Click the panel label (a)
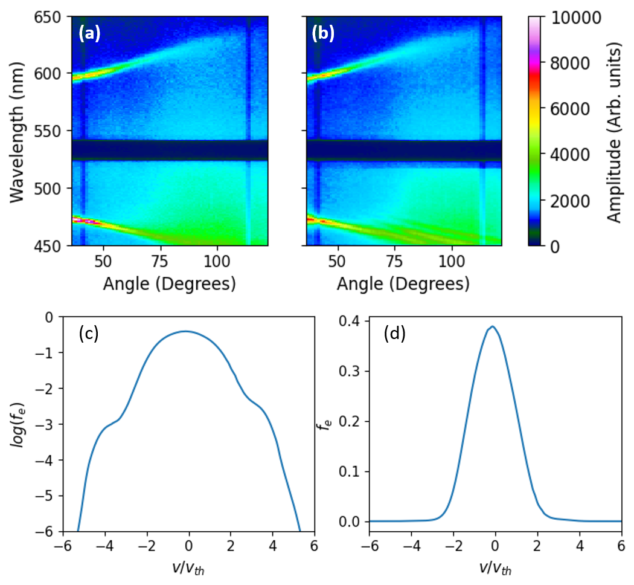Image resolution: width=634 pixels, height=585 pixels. tap(89, 34)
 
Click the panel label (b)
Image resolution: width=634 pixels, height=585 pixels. tap(322, 34)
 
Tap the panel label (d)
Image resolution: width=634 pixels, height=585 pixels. tap(395, 334)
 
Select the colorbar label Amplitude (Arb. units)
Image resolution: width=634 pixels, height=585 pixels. tap(614, 132)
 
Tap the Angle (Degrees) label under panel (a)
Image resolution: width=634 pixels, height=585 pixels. tap(169, 283)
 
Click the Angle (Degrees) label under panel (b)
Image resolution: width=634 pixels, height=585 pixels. tap(403, 283)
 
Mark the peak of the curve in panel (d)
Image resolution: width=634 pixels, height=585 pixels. tap(493, 326)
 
